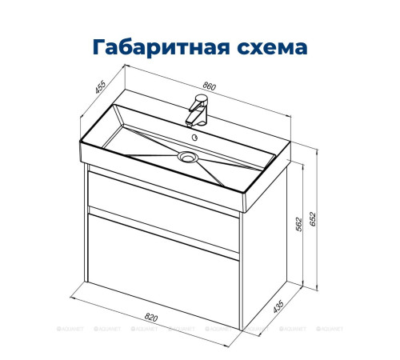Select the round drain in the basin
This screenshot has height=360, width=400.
pyautogui.click(x=190, y=158)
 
